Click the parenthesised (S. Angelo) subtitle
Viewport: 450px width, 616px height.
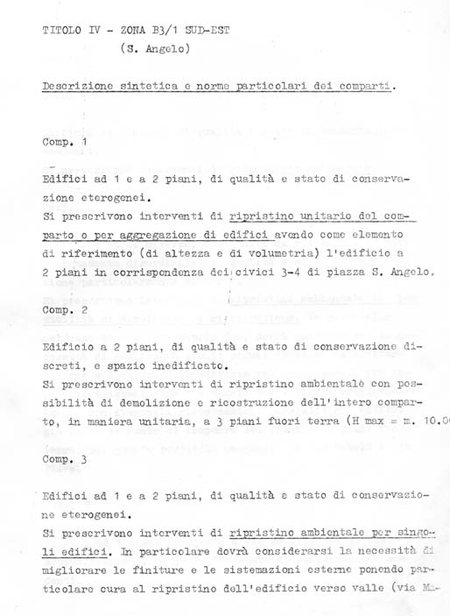(154, 49)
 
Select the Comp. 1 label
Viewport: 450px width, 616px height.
(65, 141)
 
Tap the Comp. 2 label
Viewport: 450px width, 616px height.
(65, 310)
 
